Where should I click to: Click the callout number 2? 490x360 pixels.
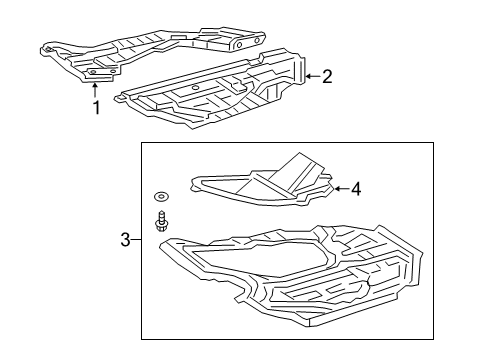tap(326, 77)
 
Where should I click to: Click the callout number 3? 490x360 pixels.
tap(125, 239)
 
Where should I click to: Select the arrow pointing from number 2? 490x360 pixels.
tap(311, 76)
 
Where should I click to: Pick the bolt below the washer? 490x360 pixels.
tap(160, 221)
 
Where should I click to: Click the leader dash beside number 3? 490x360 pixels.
tap(137, 239)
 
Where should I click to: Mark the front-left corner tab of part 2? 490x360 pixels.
tap(122, 99)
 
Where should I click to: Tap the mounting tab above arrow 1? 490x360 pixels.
tap(97, 72)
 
